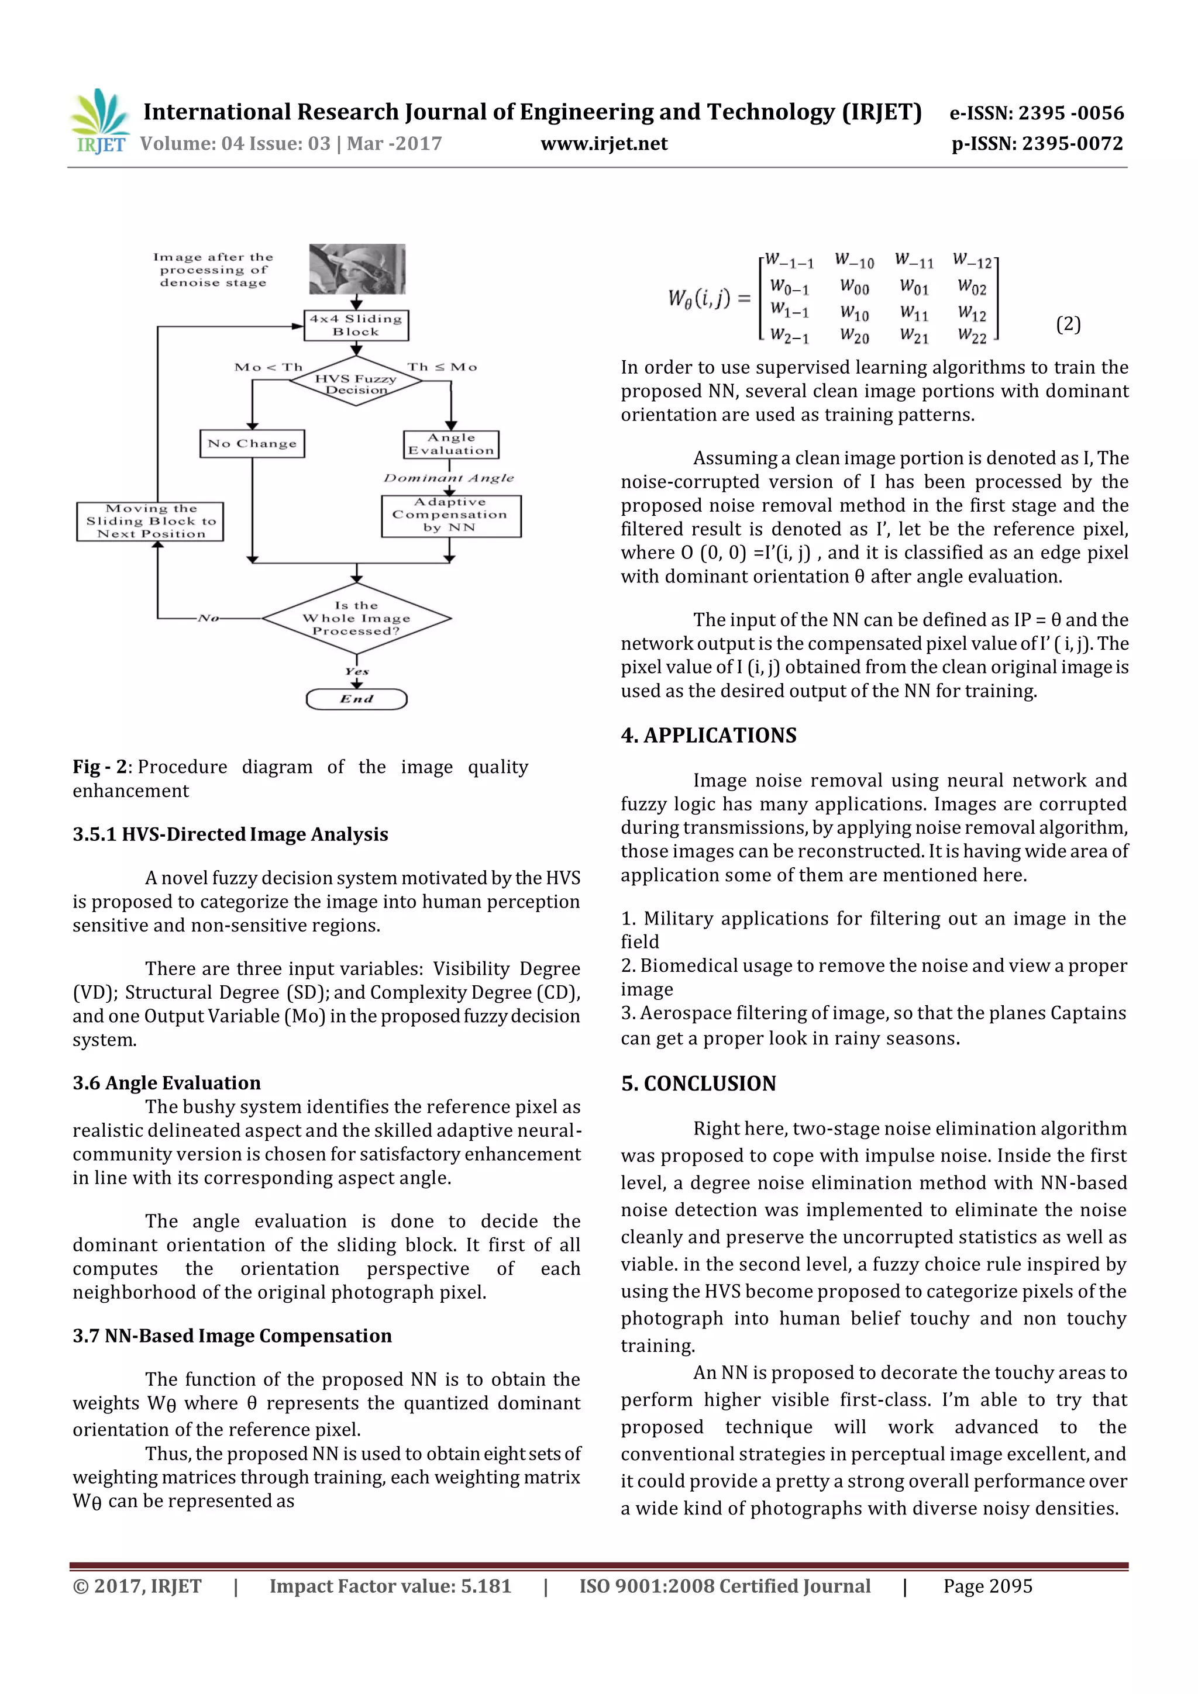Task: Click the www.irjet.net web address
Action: pos(604,144)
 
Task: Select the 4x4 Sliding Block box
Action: pos(356,325)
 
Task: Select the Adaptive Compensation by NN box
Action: pos(450,515)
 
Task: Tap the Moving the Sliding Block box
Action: pos(150,522)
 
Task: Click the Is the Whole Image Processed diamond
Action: pos(356,618)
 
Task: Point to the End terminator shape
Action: pos(356,699)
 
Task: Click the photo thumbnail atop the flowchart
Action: pos(356,268)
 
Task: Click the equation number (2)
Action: pos(1068,324)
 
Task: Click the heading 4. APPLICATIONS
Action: pos(708,736)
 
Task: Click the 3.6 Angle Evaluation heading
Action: pos(167,1082)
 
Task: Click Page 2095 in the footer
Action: pos(987,1586)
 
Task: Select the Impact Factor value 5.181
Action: pos(390,1586)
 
